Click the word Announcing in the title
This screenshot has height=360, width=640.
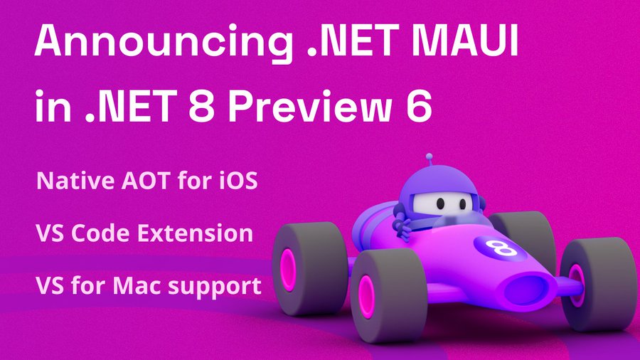click(x=164, y=43)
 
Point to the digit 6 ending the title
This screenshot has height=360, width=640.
click(x=418, y=106)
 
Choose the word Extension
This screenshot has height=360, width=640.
click(x=195, y=233)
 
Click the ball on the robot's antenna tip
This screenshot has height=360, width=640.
click(x=429, y=157)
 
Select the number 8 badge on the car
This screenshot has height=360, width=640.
click(x=496, y=247)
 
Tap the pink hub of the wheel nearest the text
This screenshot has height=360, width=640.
click(x=288, y=270)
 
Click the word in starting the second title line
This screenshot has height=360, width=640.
click(x=53, y=106)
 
